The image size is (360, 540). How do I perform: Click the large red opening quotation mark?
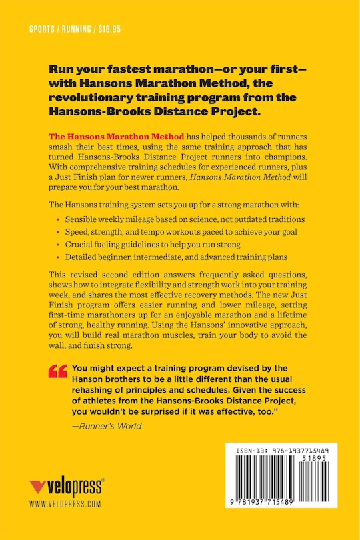(58, 371)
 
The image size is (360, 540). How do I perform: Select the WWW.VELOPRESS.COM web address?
(65, 505)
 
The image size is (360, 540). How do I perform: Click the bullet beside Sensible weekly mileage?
(58, 219)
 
